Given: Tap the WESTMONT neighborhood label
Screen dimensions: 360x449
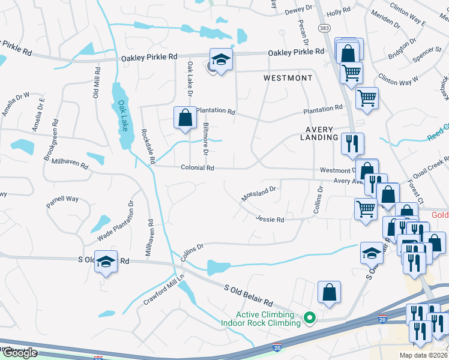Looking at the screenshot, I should (288, 79).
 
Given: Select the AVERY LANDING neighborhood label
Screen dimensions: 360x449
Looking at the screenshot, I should (319, 133).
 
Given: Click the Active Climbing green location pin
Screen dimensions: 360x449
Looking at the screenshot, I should (310, 317).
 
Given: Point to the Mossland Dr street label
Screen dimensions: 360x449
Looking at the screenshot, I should (258, 193).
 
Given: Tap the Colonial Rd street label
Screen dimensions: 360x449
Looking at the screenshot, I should (197, 168).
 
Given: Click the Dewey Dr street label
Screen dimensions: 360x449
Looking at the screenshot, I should (299, 9).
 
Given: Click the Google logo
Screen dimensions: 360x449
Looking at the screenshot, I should (19, 353).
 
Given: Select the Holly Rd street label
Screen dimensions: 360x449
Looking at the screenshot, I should (338, 12).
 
